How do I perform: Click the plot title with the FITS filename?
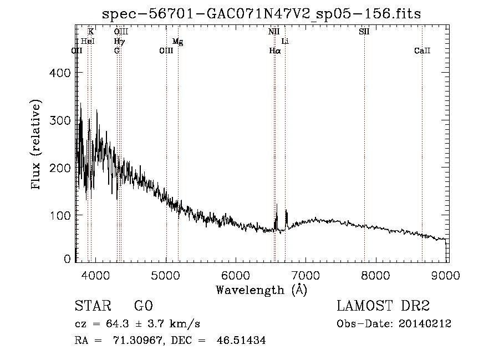click(261, 14)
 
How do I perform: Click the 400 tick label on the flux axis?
click(60, 73)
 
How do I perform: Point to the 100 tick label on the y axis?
click(60, 215)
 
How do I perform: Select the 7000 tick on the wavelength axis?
click(306, 275)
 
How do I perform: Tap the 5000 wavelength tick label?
click(165, 275)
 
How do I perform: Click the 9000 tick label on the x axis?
click(446, 275)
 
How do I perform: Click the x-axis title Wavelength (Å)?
click(262, 290)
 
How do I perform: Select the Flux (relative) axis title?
click(35, 145)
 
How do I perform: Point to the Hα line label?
click(275, 50)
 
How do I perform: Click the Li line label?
click(285, 41)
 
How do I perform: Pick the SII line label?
click(364, 32)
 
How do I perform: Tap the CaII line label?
click(422, 50)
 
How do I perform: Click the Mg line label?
click(177, 42)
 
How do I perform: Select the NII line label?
click(274, 32)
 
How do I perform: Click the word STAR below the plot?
click(93, 306)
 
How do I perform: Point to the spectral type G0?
click(144, 306)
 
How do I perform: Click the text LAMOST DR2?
click(383, 306)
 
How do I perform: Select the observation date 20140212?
click(425, 324)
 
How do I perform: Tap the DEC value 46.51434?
click(241, 340)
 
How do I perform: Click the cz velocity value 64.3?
click(118, 324)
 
